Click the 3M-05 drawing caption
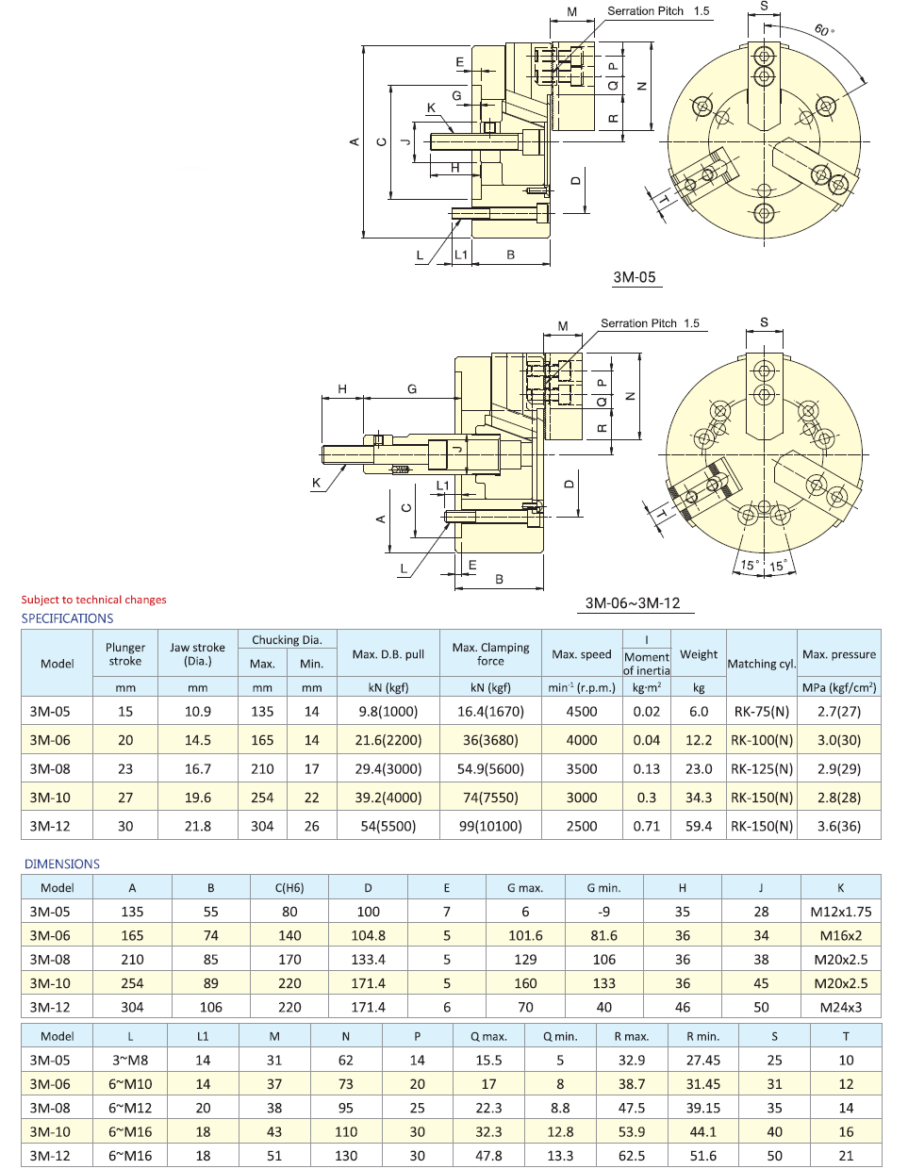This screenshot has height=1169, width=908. point(634,277)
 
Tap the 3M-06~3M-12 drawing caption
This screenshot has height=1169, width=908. point(632,603)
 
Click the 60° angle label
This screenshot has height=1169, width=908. point(823,30)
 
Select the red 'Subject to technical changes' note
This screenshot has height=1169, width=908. point(93,600)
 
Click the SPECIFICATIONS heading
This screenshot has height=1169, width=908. point(67,618)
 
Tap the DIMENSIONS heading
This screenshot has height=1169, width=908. point(61,864)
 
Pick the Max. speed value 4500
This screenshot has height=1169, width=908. point(581,712)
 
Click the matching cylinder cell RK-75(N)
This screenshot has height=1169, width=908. point(762,712)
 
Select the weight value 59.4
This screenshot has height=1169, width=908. point(699,826)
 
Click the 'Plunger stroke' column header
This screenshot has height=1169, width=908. point(125,654)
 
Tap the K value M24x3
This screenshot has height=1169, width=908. point(840,1007)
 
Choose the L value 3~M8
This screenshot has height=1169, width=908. point(130,1060)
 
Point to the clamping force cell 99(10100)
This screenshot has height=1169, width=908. point(490,826)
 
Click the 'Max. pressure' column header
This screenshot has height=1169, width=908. point(838,654)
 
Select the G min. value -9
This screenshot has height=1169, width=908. point(603,912)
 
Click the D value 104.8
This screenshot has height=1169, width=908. point(368,935)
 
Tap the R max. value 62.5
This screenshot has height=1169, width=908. point(632,1155)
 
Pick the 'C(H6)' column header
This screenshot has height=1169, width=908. point(289,887)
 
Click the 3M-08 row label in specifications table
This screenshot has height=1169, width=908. point(50,768)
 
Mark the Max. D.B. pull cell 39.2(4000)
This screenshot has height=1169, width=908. point(388,798)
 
